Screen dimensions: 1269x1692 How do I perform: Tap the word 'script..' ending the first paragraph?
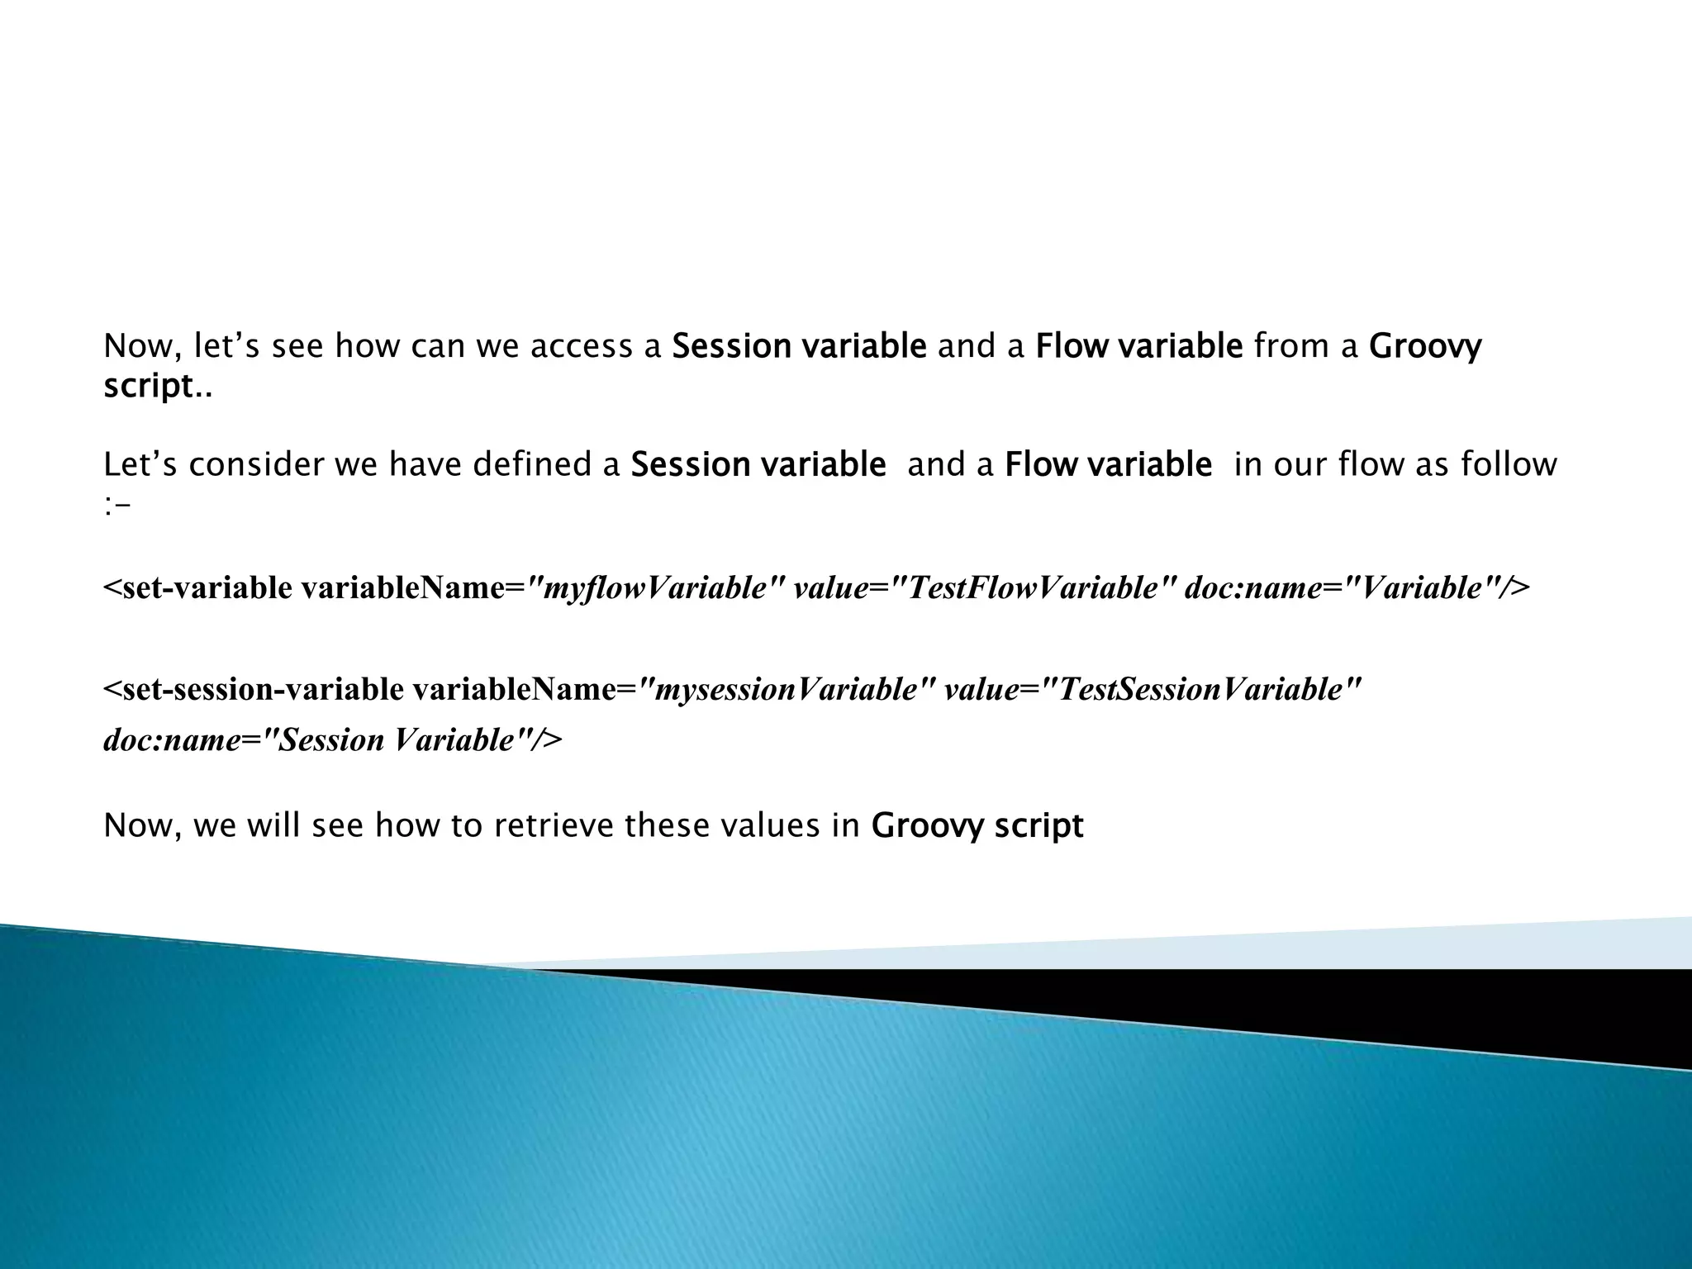click(157, 386)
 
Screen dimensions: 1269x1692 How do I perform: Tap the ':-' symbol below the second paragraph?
click(116, 506)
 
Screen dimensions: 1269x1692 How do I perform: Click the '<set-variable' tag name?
click(197, 588)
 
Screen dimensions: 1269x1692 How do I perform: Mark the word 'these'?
click(666, 825)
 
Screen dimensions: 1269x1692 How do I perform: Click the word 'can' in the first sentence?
click(438, 347)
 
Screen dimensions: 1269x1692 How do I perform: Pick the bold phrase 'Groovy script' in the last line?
click(977, 825)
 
